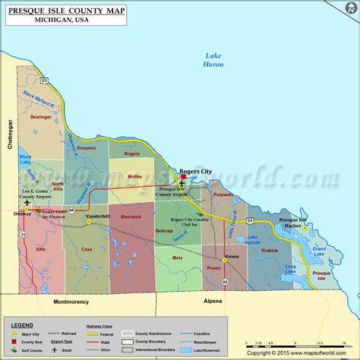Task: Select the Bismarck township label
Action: tap(131, 216)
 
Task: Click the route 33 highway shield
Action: tap(24, 235)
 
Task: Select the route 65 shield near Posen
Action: tap(225, 283)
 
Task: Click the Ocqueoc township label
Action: tap(87, 148)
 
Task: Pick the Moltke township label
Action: tap(134, 177)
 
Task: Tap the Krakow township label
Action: tap(269, 250)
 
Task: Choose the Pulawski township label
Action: tap(223, 194)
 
